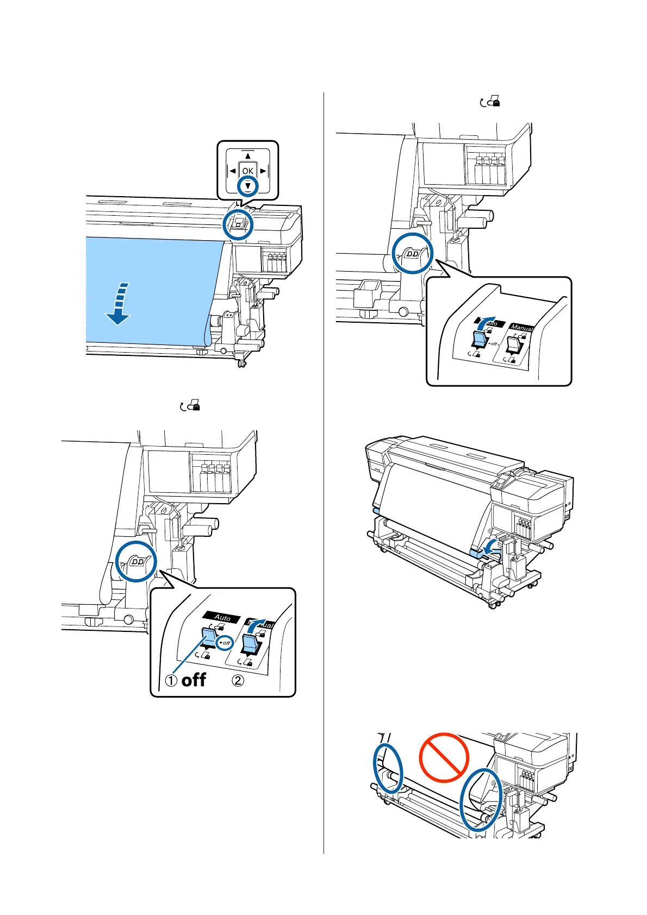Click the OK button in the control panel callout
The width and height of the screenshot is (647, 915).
pyautogui.click(x=248, y=171)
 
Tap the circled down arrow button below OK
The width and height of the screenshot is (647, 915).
pyautogui.click(x=248, y=186)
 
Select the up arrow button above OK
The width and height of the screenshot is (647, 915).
pyautogui.click(x=248, y=156)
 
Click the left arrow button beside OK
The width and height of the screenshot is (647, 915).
pyautogui.click(x=233, y=171)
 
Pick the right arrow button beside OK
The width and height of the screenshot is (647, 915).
pyautogui.click(x=263, y=171)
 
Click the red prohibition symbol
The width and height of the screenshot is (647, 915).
pyautogui.click(x=444, y=757)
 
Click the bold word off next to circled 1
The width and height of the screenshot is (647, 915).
pyautogui.click(x=194, y=680)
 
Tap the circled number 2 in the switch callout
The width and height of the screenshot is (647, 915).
pyautogui.click(x=238, y=680)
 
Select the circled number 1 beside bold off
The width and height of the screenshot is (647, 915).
pyautogui.click(x=171, y=680)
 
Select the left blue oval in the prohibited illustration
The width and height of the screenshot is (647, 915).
pyautogui.click(x=388, y=768)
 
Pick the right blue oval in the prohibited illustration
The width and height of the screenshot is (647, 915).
pyautogui.click(x=480, y=798)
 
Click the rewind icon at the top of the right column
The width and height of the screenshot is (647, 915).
pyautogui.click(x=490, y=102)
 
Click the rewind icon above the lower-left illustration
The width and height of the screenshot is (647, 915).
pyautogui.click(x=190, y=405)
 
